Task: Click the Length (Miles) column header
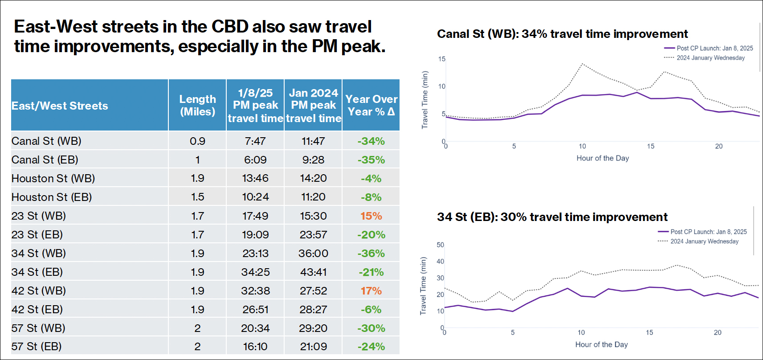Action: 197,105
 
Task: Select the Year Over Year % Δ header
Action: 371,105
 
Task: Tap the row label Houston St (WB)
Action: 53,178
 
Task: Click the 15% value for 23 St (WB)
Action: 371,216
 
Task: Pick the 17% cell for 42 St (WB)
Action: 371,290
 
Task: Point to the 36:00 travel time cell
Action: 313,253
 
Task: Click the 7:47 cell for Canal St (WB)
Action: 255,141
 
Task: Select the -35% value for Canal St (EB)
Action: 371,160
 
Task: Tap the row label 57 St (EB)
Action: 37,346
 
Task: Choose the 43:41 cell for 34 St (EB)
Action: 313,272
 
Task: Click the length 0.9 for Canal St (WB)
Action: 197,141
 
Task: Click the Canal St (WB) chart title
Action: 562,34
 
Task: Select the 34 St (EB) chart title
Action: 552,217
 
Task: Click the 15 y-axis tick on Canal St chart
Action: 441,59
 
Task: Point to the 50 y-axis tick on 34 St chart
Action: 440,245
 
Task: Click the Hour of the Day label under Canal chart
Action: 603,158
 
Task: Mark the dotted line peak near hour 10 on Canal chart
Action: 582,64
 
